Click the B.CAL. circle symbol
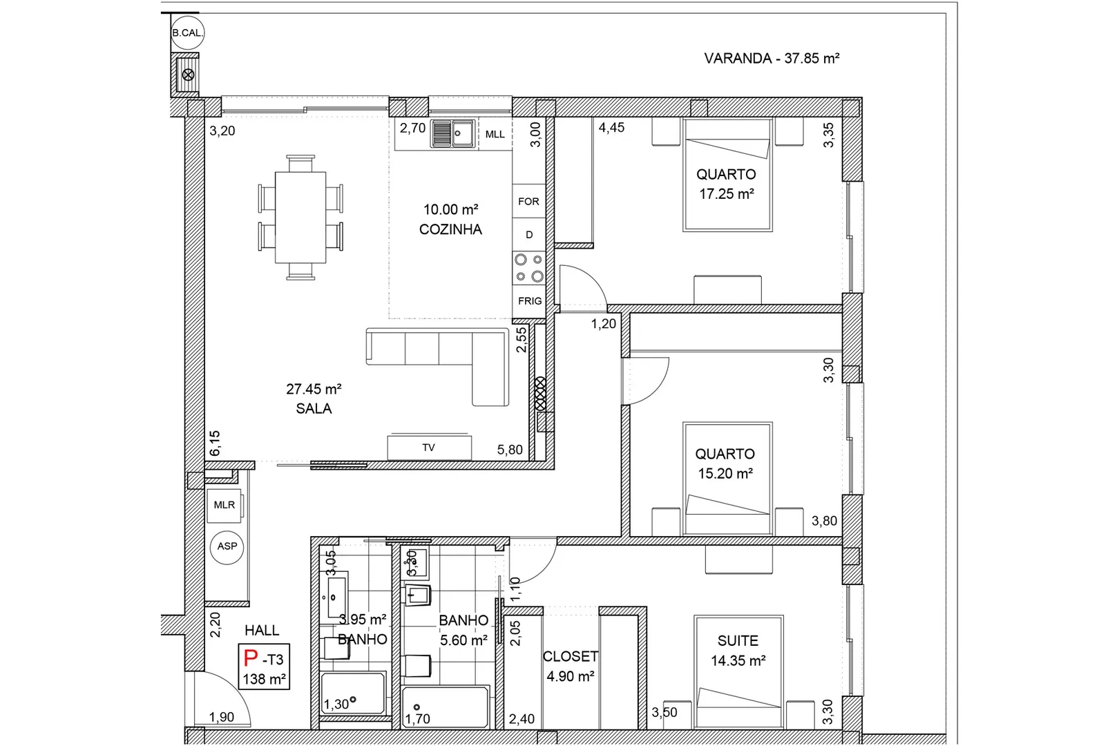click(x=187, y=32)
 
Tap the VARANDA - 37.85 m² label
click(x=772, y=59)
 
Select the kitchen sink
click(x=453, y=133)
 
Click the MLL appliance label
click(x=495, y=134)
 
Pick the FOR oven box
click(x=528, y=201)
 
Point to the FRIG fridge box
click(x=529, y=300)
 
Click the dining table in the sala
click(x=300, y=218)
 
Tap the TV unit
click(x=429, y=448)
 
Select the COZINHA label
click(x=450, y=229)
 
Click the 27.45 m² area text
click(x=314, y=389)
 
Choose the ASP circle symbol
click(x=227, y=547)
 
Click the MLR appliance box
click(x=224, y=505)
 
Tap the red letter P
click(x=250, y=658)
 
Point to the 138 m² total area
click(x=265, y=679)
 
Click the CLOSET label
click(x=571, y=656)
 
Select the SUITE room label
click(x=738, y=640)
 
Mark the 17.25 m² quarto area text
click(x=727, y=194)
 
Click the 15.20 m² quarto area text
click(x=725, y=473)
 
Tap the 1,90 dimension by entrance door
click(x=221, y=717)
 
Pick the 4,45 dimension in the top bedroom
click(x=611, y=127)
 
